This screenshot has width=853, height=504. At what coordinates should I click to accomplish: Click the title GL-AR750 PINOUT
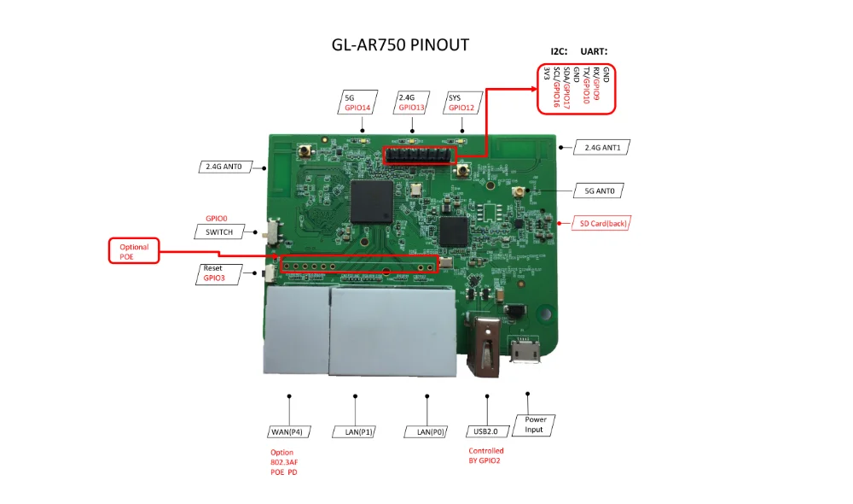click(399, 45)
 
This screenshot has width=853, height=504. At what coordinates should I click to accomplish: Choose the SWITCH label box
click(219, 231)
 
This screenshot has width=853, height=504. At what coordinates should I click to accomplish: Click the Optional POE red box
click(134, 251)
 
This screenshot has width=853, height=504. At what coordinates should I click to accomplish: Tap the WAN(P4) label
click(290, 431)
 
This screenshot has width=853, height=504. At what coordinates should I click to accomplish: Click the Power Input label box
click(535, 425)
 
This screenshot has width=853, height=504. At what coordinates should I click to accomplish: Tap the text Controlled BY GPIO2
click(486, 455)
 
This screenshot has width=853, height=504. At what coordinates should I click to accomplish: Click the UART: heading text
click(594, 51)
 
